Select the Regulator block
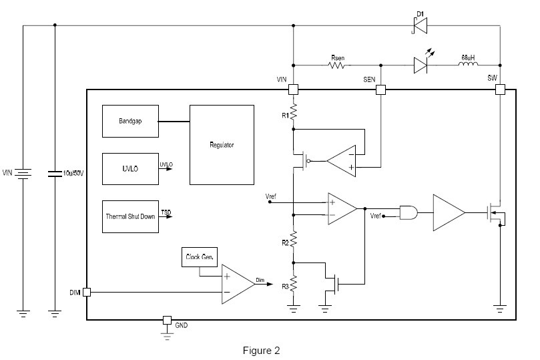222,144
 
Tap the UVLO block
129,169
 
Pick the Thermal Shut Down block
131,216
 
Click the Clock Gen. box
199,256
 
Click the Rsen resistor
337,65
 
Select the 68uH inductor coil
467,65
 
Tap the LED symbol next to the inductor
421,65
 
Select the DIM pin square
87,293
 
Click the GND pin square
167,320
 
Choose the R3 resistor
294,286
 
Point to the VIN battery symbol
24,174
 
